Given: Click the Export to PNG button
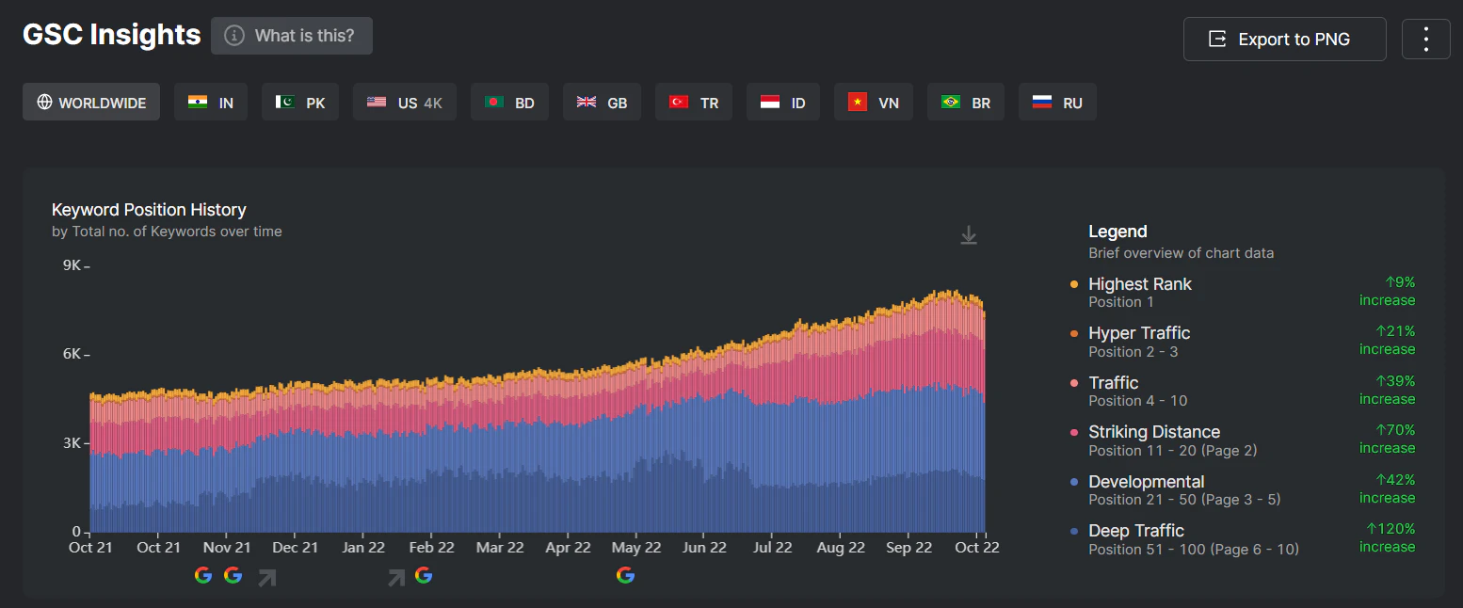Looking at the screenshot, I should click(x=1284, y=40).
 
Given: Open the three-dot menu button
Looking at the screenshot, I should click(x=1425, y=40).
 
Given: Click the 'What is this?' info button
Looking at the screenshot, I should click(x=292, y=36).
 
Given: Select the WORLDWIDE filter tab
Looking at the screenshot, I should click(x=91, y=103).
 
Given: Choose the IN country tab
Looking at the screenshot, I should click(x=211, y=103).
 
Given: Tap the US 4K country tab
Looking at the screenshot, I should click(x=404, y=103).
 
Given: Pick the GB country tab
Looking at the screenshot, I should click(x=602, y=103).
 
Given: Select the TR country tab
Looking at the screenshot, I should click(x=694, y=103).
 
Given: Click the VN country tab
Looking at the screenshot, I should click(x=873, y=103).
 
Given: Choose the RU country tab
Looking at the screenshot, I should click(x=1057, y=103).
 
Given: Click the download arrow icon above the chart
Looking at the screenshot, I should click(x=969, y=235).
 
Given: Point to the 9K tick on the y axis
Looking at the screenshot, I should click(x=72, y=265).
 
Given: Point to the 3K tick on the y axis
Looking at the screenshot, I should click(x=72, y=443).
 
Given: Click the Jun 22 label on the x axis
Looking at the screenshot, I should click(x=704, y=548).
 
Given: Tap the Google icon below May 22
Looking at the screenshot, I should click(x=625, y=575).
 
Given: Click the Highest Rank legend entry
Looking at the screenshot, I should click(x=1139, y=284).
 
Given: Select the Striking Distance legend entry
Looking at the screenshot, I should click(x=1153, y=432).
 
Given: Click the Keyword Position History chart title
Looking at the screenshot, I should click(x=149, y=210).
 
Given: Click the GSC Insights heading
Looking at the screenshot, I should click(x=111, y=35).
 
